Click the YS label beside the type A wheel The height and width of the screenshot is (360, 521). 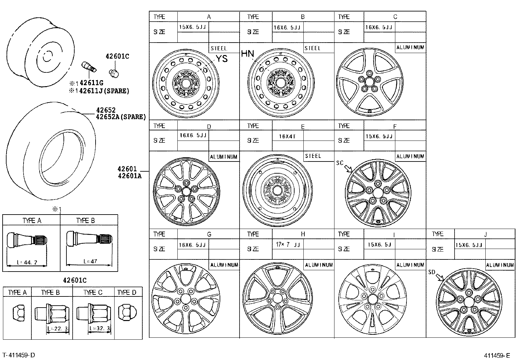[222, 59]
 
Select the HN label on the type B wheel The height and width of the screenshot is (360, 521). [247, 54]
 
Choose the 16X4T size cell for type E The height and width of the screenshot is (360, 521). [287, 136]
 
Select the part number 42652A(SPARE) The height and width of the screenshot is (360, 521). [120, 117]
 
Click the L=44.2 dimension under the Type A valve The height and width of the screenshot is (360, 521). [26, 262]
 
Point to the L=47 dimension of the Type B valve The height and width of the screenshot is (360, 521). [90, 261]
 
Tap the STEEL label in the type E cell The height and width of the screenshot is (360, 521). [313, 156]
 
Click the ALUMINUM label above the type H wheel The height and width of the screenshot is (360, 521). [319, 265]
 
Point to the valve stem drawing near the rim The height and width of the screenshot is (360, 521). [89, 67]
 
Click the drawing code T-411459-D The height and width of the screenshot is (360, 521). [18, 355]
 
